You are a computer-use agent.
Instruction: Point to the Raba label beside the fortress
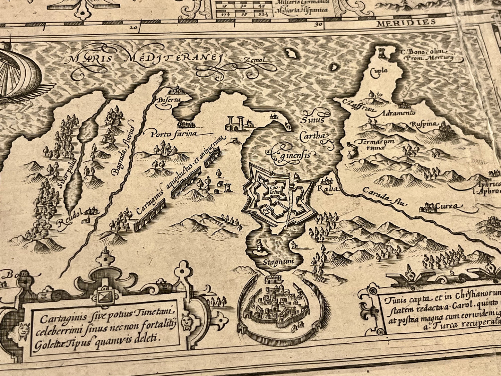pyautogui.click(x=325, y=190)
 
